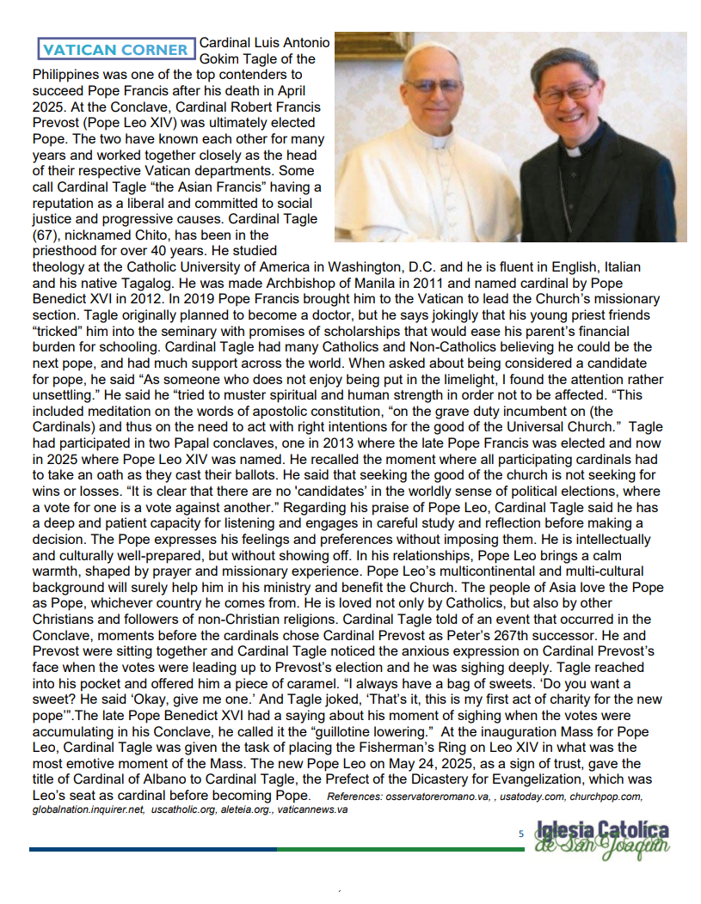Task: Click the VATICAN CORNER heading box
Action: tap(115, 50)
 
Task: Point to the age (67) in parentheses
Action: tap(46, 235)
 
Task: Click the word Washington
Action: tap(355, 266)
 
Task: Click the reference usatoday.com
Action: tap(538, 797)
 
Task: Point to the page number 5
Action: tap(520, 834)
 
